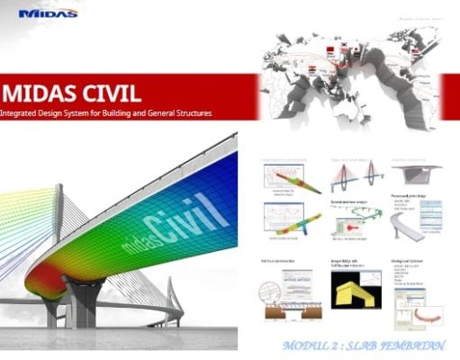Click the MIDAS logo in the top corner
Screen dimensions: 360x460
tap(43, 13)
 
